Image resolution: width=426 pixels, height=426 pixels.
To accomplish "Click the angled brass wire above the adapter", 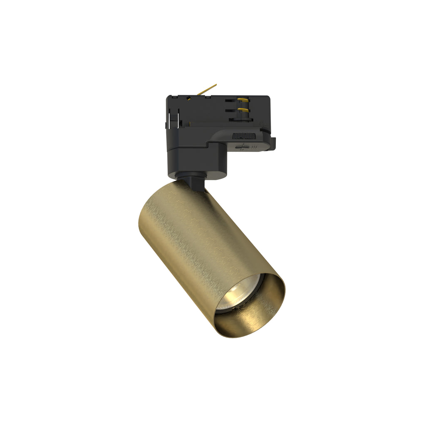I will click(x=207, y=89).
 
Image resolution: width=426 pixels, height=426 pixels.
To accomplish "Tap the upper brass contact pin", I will click(x=243, y=100).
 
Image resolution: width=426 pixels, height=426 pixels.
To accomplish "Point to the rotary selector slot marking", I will click(x=240, y=146).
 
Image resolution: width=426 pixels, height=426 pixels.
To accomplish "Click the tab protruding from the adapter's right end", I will click(x=273, y=143).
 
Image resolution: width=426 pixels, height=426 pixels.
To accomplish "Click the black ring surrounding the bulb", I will click(x=225, y=308).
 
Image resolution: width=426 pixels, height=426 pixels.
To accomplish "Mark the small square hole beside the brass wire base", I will click(x=189, y=99).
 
